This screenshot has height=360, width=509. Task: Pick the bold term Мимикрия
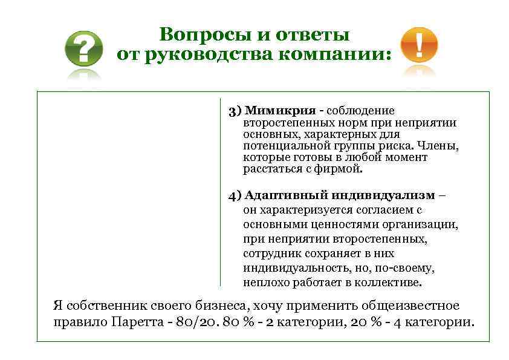[x=280, y=111]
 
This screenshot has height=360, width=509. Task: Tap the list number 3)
[x=235, y=111]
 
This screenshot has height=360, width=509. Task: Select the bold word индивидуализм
[x=384, y=195]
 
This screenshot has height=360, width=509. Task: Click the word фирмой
[x=342, y=169]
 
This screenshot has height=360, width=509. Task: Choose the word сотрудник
[x=271, y=254]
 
